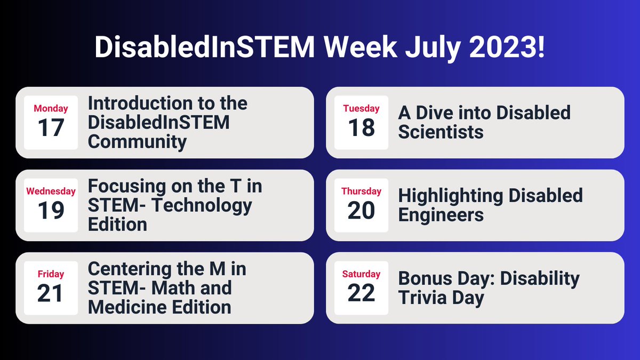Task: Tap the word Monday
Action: click(51, 109)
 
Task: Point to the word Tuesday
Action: click(361, 109)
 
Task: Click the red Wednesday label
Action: click(51, 191)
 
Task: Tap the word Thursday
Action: click(361, 191)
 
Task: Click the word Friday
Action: click(51, 274)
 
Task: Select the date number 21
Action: click(51, 294)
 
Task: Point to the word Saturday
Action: click(361, 274)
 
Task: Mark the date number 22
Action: click(361, 294)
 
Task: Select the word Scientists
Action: click(441, 132)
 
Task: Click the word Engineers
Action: click(441, 214)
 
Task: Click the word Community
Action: click(137, 142)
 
